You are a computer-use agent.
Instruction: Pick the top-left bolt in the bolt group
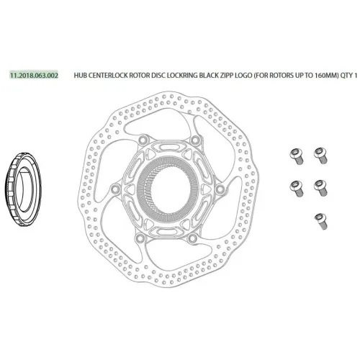coord(292,153)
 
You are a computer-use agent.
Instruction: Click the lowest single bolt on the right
coord(318,218)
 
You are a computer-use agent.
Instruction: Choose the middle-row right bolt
coord(319,186)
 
